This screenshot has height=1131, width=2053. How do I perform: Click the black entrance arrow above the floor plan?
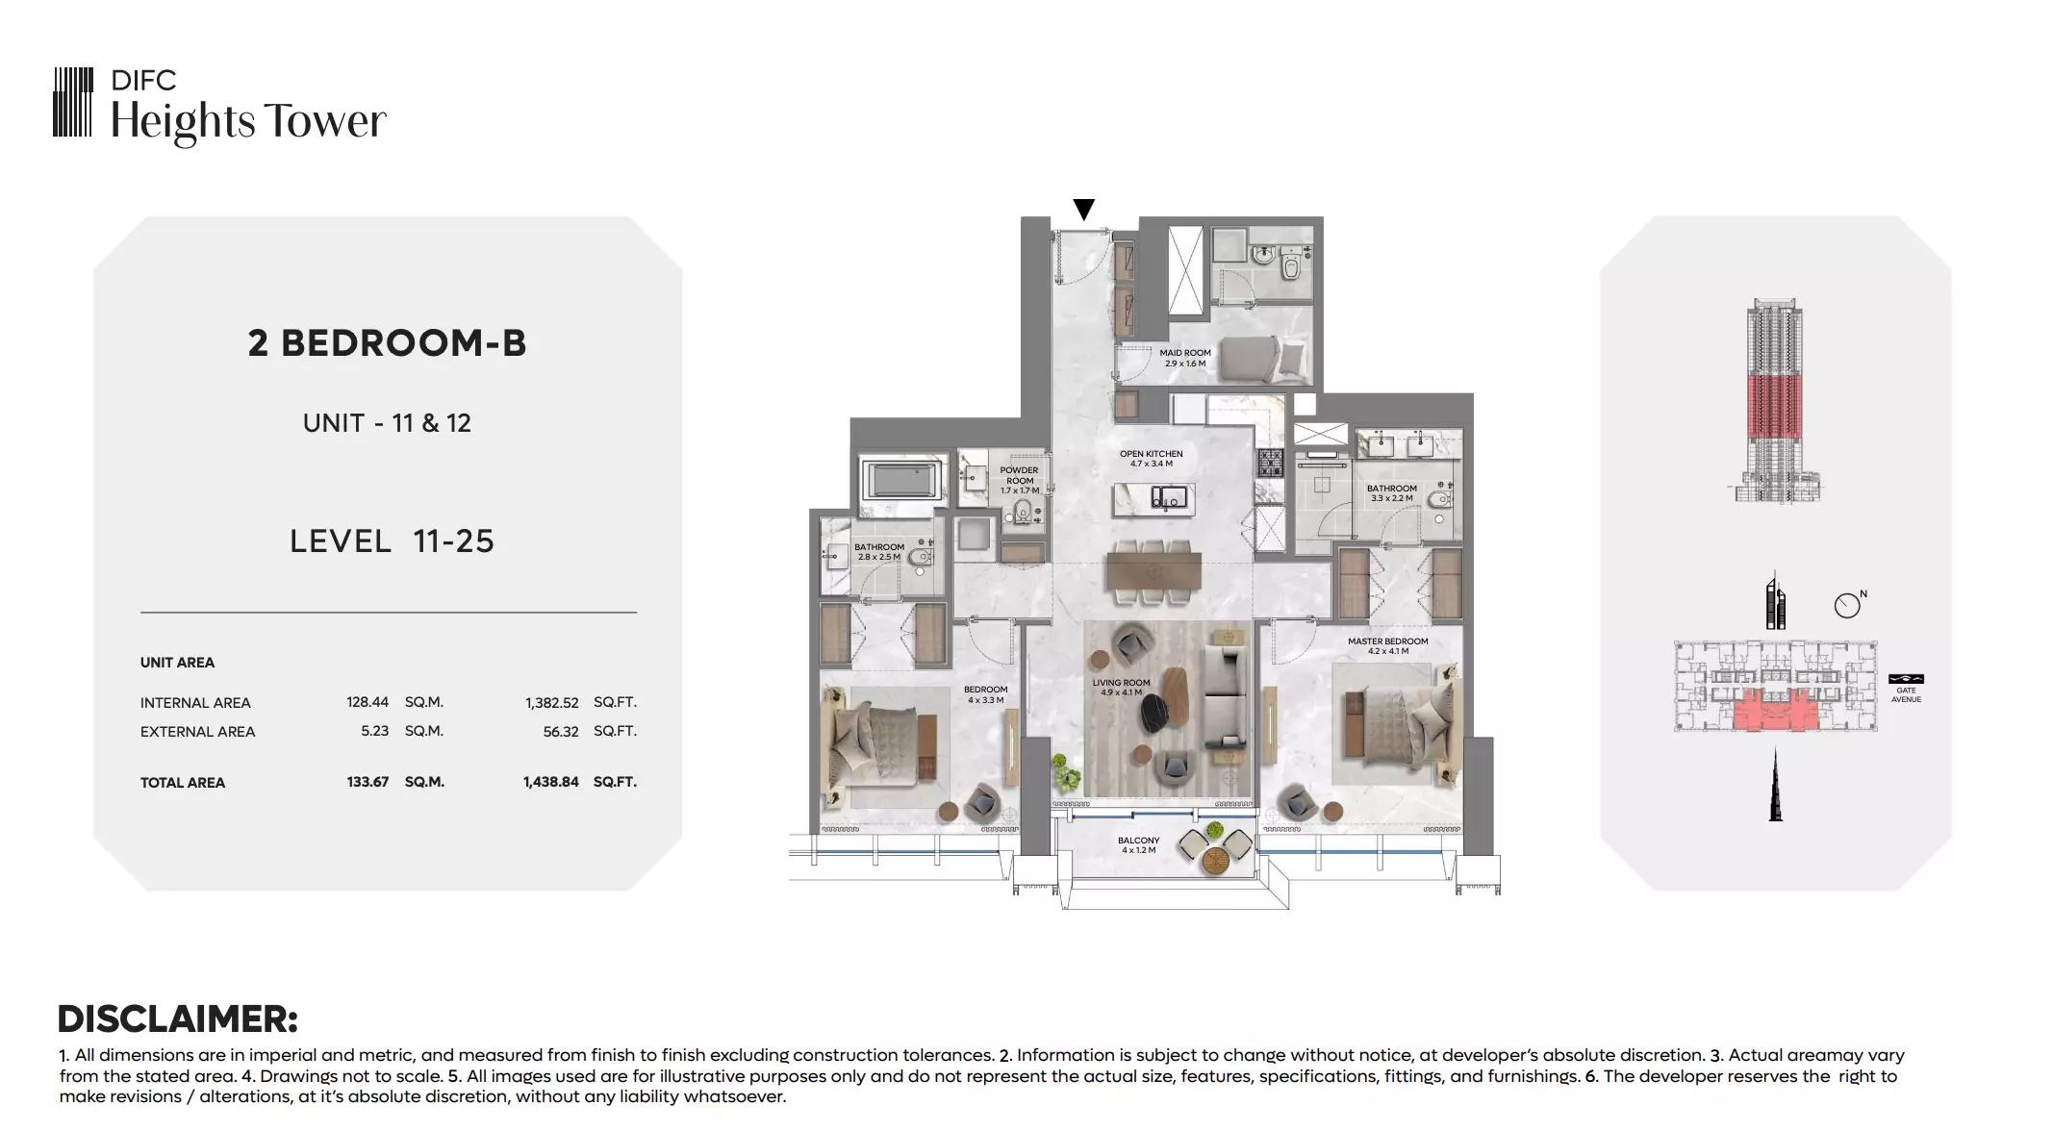(1084, 210)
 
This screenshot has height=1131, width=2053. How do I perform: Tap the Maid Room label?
(1185, 358)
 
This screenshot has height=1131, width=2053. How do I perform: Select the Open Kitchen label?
(1152, 459)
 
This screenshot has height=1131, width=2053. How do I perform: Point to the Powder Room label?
(1020, 481)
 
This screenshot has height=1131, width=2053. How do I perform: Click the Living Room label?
(1121, 688)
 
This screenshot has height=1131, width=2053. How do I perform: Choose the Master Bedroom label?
(1387, 646)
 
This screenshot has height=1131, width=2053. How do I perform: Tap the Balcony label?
(1139, 845)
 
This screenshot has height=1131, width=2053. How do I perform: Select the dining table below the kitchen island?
(1153, 569)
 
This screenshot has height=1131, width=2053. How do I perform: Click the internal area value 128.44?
(368, 702)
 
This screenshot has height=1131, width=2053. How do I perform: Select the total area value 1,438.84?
(551, 782)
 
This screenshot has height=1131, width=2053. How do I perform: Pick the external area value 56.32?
(561, 731)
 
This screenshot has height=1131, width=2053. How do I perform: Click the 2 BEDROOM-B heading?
(387, 343)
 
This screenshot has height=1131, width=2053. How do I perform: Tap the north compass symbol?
(1847, 605)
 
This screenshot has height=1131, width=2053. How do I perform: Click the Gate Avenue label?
(1906, 694)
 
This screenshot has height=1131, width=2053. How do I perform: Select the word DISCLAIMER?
(178, 1018)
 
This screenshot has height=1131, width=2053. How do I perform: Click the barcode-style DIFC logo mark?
(73, 102)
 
